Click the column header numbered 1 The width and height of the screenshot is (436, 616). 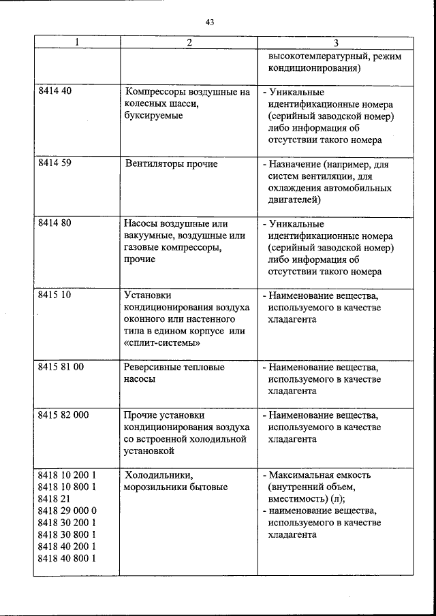pos(76,42)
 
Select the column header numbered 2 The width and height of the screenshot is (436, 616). pos(189,42)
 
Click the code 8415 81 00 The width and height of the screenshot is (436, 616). pos(61,367)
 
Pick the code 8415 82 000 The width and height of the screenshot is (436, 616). pos(63,415)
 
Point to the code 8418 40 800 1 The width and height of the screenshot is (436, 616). pos(67,558)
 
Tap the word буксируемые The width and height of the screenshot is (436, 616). pos(154,116)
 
